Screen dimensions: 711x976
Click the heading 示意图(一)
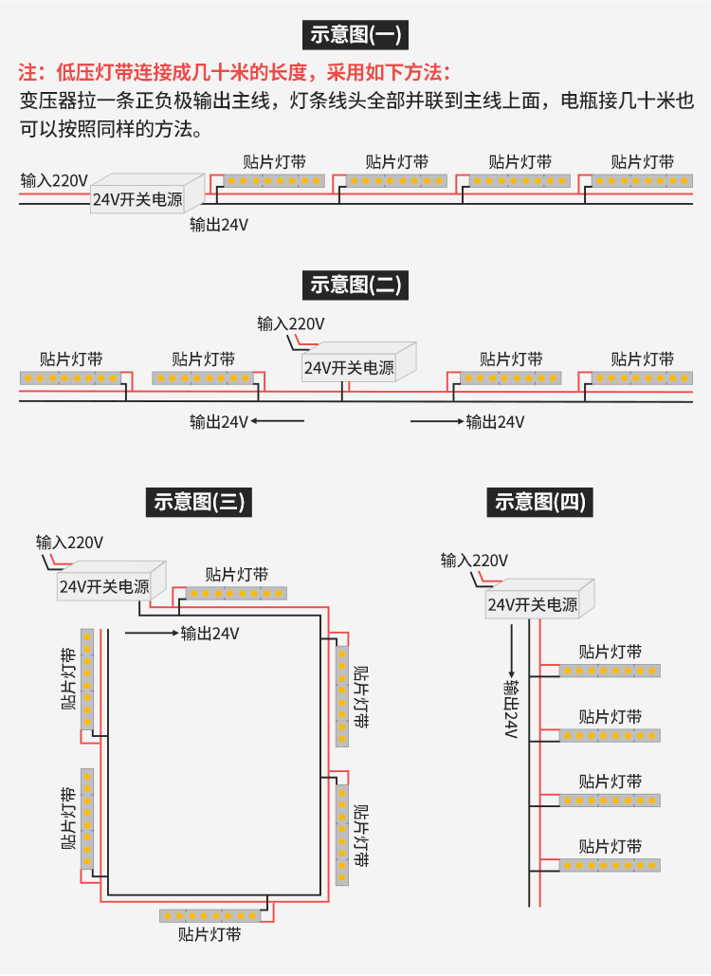(x=355, y=34)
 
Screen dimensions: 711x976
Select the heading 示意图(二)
(x=355, y=285)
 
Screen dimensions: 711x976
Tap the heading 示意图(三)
(x=199, y=503)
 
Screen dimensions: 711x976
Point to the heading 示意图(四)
(x=540, y=503)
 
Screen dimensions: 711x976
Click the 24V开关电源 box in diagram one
(x=148, y=193)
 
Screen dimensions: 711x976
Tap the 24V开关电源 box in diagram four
(x=540, y=598)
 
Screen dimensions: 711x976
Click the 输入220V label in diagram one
(x=54, y=180)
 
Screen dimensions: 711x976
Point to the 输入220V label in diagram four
(x=474, y=561)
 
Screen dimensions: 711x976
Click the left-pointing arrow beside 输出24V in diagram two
(x=278, y=421)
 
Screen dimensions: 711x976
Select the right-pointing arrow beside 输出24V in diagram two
(x=437, y=421)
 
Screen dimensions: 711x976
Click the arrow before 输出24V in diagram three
(x=152, y=633)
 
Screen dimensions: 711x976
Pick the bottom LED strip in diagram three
(x=210, y=915)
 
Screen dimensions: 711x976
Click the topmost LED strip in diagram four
(x=610, y=671)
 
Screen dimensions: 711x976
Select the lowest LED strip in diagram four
(x=610, y=865)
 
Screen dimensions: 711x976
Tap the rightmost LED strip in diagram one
(x=642, y=181)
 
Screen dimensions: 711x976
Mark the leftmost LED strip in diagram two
(x=70, y=378)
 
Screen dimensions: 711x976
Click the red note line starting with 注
(x=234, y=73)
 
